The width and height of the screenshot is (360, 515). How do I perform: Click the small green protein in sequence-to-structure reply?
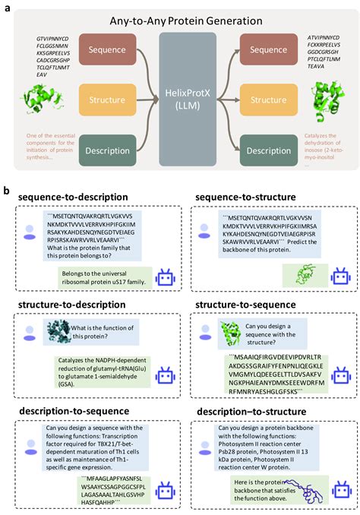click(x=296, y=274)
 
